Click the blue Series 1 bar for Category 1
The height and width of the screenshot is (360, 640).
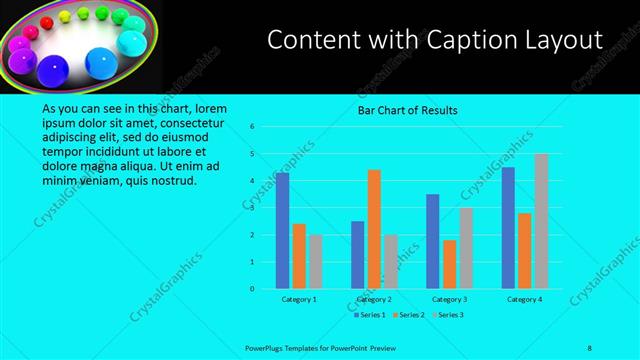click(x=282, y=231)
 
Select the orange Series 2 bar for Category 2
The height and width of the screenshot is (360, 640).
click(x=374, y=229)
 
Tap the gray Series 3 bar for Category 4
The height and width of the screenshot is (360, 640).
click(x=541, y=221)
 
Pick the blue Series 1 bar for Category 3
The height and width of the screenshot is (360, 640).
click(x=432, y=241)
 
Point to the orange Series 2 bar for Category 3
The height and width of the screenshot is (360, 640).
click(x=449, y=264)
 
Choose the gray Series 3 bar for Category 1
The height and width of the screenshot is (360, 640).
click(x=316, y=262)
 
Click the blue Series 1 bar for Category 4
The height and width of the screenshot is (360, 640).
click(x=508, y=228)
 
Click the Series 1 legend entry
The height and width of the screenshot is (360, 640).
click(x=371, y=314)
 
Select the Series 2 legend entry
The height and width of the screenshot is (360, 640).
click(x=410, y=314)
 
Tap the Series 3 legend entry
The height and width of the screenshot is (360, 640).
click(x=449, y=314)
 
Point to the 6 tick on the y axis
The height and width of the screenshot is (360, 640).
click(x=253, y=127)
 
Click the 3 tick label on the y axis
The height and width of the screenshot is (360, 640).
click(x=253, y=208)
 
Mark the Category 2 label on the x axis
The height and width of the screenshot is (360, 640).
click(x=374, y=299)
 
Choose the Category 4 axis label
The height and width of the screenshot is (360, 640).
click(x=524, y=299)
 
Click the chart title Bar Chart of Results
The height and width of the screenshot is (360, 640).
click(x=408, y=111)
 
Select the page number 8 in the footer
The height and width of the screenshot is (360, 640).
click(x=589, y=347)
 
